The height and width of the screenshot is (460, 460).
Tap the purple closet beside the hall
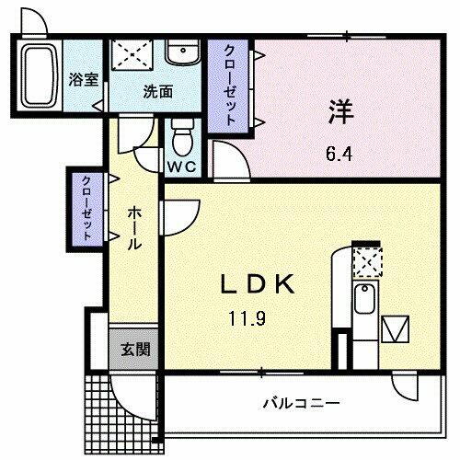[86, 207]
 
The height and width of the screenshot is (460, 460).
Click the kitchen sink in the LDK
[365, 300]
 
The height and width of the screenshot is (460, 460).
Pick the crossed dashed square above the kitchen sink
[367, 262]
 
